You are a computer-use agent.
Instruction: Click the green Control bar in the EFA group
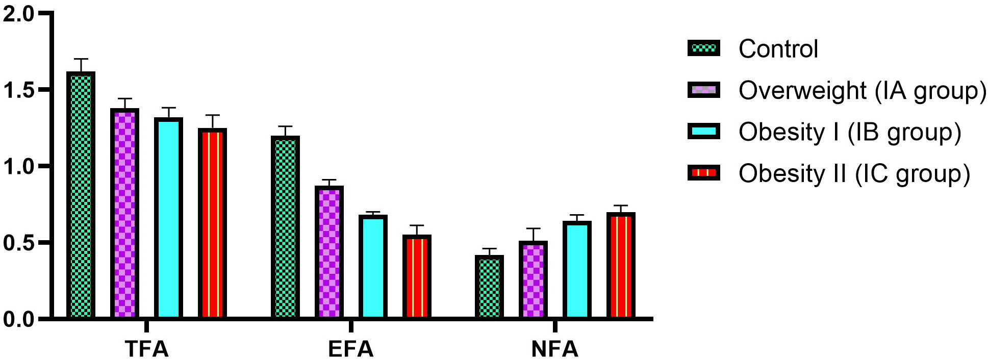[285, 227]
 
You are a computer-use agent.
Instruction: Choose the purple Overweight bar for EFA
[329, 252]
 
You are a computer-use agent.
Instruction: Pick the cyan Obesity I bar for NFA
[577, 270]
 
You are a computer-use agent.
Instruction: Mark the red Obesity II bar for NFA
[621, 265]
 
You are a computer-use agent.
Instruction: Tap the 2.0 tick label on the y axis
[18, 14]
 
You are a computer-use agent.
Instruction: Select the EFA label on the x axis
[351, 349]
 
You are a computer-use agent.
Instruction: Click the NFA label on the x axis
[555, 349]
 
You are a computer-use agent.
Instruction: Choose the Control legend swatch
[704, 48]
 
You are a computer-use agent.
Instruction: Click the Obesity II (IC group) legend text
[854, 173]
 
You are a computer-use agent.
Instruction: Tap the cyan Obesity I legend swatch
[704, 132]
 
